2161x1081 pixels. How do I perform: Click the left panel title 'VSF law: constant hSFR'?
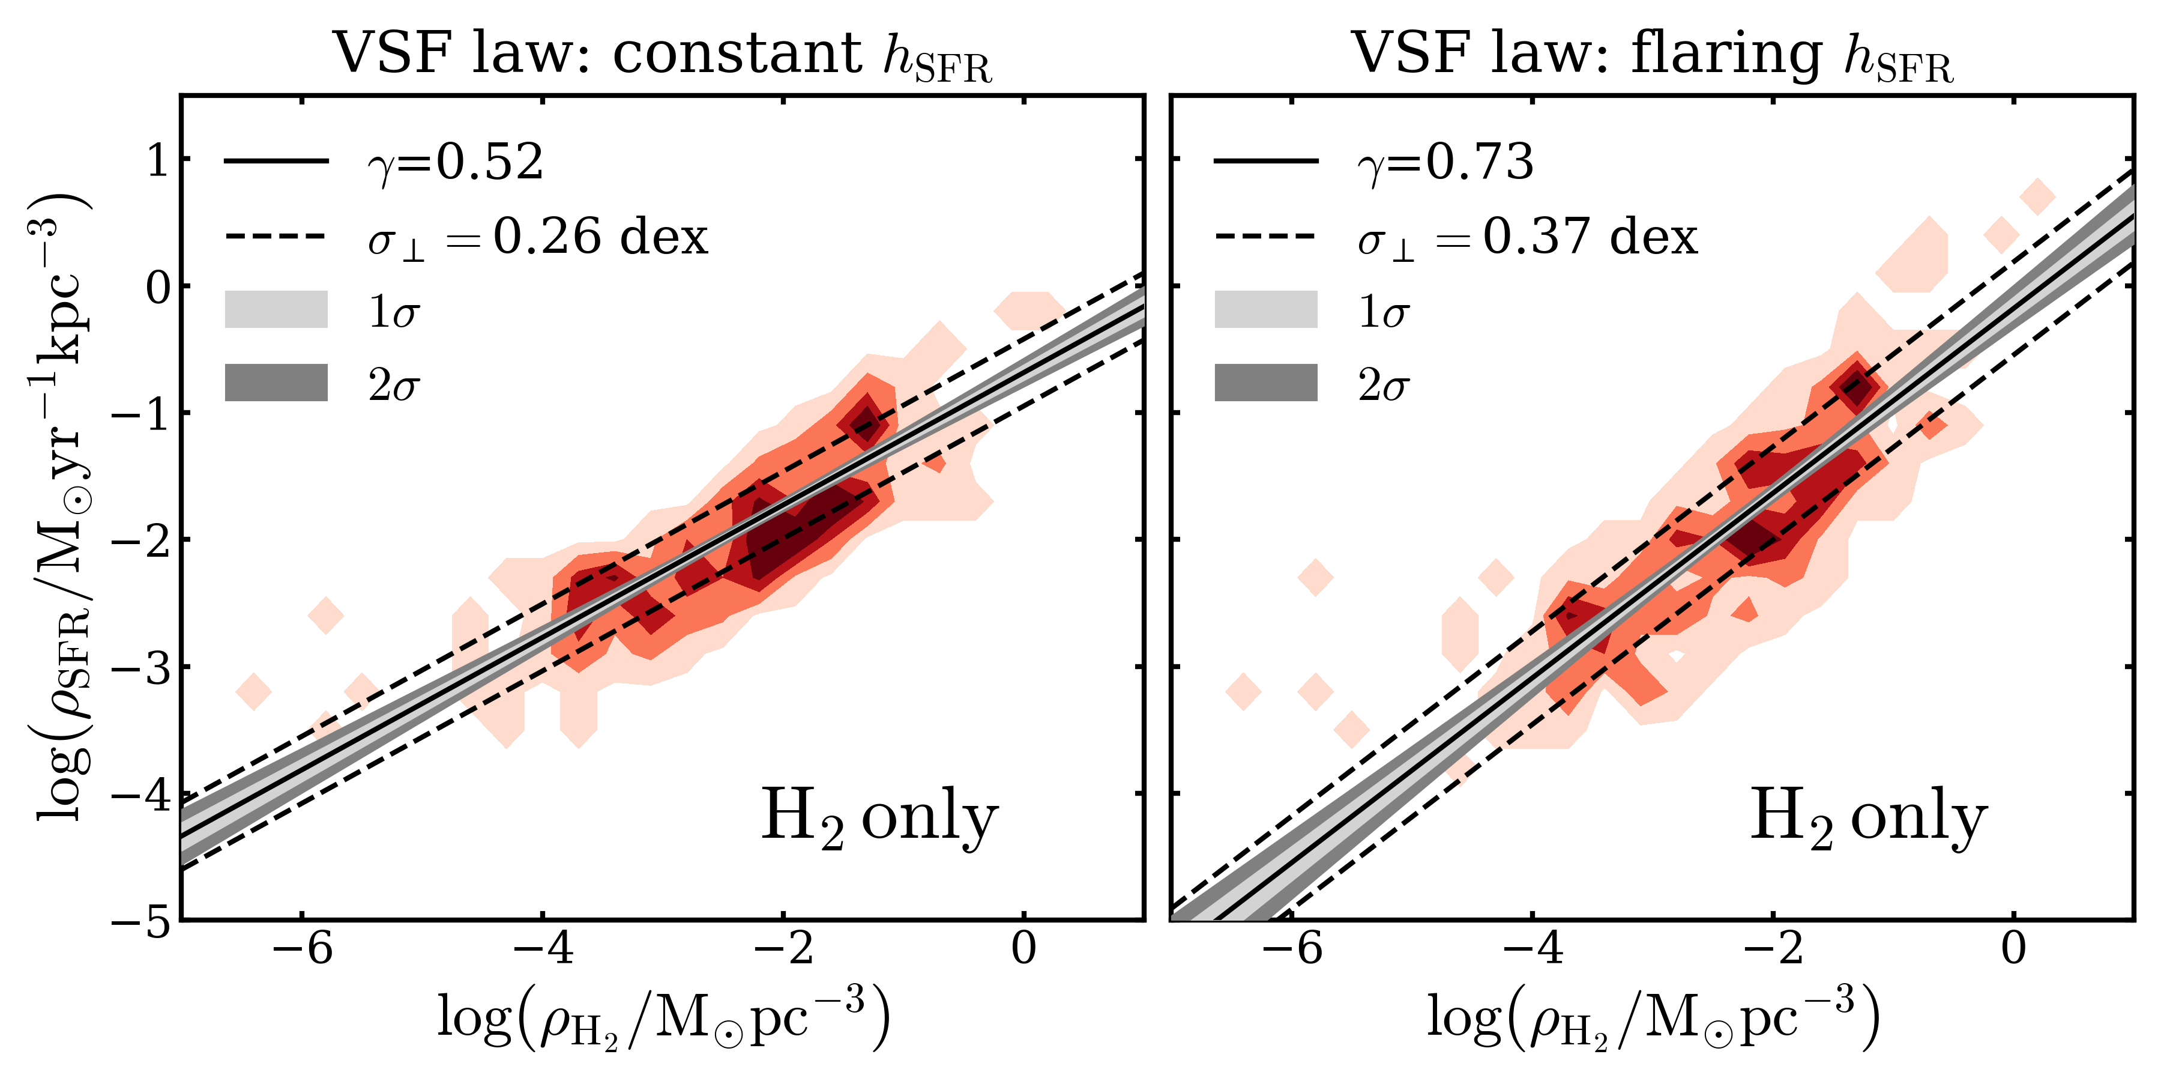pos(663,55)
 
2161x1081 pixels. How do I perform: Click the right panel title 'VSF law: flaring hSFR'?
pos(1653,55)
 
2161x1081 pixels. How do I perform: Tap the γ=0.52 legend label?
pos(456,162)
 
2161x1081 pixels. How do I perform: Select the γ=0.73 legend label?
pos(1445,162)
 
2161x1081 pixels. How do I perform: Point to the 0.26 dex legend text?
pos(600,237)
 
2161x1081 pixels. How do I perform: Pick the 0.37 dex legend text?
pos(1590,237)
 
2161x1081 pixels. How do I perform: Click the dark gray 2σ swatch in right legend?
pos(1266,383)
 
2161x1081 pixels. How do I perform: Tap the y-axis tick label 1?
pos(158,160)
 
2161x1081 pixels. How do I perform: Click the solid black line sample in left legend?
pos(276,161)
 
